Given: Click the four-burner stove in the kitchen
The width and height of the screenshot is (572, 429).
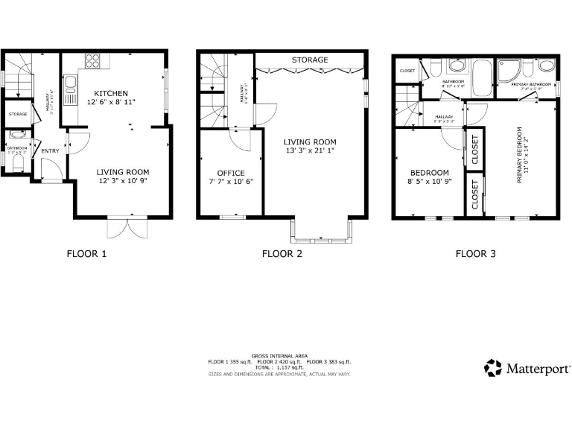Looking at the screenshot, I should [93, 60].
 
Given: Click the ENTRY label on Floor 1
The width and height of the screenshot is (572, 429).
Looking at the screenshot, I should [50, 151].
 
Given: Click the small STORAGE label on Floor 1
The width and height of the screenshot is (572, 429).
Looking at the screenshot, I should [18, 114].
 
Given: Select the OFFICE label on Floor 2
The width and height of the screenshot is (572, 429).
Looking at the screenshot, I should [230, 173].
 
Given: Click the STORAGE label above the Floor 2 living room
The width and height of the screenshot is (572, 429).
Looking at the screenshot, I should [310, 60].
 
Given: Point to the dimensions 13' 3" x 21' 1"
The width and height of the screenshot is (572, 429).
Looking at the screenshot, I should [309, 152].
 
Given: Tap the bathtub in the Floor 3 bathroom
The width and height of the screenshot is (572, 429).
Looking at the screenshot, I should [482, 80].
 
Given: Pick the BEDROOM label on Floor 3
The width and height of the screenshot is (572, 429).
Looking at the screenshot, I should [428, 172].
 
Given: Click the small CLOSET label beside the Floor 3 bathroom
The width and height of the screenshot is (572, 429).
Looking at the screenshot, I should [407, 71].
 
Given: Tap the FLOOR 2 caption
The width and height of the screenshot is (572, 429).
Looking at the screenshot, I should [282, 253].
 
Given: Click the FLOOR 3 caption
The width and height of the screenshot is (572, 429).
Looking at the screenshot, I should [475, 253].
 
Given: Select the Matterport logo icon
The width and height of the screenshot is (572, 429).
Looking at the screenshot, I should [493, 368].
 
